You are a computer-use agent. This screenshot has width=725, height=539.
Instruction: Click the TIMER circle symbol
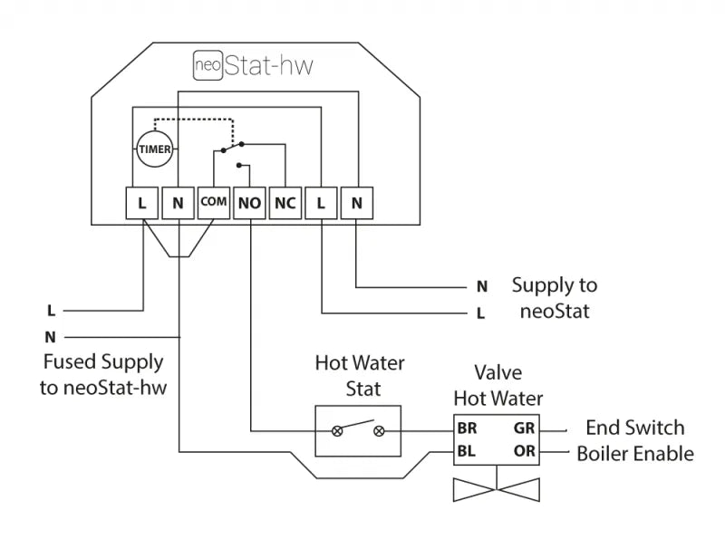click(x=155, y=149)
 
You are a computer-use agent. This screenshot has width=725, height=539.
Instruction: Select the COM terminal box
click(x=213, y=203)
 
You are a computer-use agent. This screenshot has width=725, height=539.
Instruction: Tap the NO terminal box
click(x=249, y=204)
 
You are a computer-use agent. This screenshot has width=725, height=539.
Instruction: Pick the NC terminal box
click(x=285, y=204)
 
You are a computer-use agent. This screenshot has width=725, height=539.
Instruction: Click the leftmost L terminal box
click(x=142, y=204)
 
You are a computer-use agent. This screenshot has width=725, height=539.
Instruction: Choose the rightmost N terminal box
click(x=357, y=204)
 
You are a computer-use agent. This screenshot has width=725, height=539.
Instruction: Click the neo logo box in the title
click(x=208, y=64)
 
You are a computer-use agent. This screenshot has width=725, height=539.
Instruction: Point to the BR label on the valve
click(x=468, y=428)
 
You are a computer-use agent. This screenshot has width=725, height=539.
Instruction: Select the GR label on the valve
click(x=524, y=428)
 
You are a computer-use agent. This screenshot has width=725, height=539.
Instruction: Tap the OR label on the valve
click(x=524, y=450)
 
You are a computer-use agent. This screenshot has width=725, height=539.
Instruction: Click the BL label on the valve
click(x=468, y=450)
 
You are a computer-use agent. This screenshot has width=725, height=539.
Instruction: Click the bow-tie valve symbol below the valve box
click(x=496, y=489)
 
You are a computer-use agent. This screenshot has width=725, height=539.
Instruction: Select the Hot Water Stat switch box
click(x=358, y=430)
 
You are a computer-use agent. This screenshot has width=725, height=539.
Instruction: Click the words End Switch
click(x=634, y=428)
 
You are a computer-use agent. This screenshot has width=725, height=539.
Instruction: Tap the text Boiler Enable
click(x=635, y=453)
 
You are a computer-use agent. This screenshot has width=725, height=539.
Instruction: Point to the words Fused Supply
click(x=103, y=362)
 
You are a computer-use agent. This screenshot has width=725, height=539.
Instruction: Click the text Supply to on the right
click(x=555, y=285)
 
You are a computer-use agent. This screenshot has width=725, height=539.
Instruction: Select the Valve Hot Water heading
click(x=498, y=386)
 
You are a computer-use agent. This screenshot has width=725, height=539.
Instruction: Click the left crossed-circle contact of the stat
click(x=337, y=431)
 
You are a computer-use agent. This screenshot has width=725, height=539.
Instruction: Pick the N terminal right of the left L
click(x=178, y=204)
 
